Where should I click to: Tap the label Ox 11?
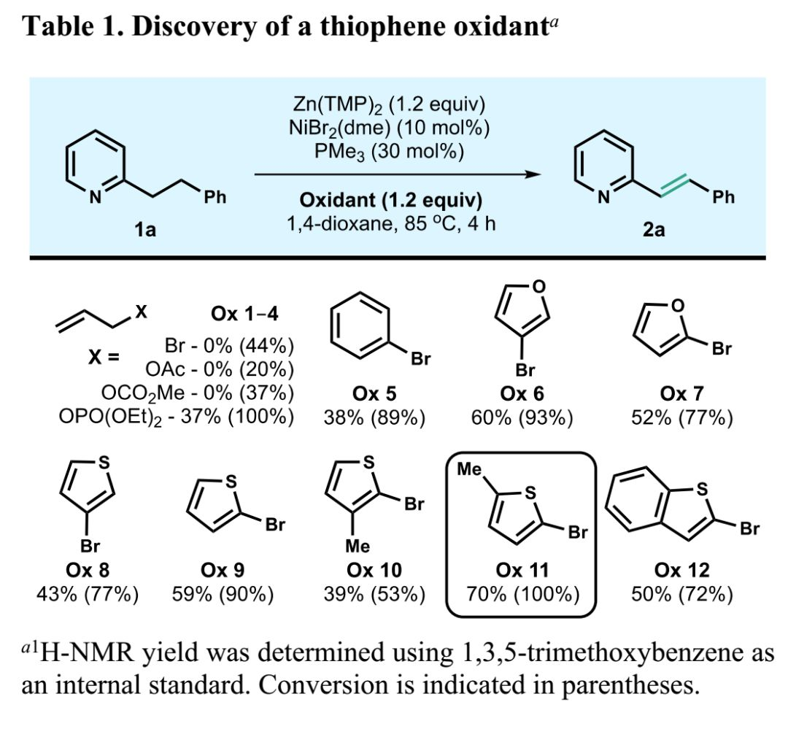click(519, 569)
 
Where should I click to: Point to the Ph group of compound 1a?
click(215, 197)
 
